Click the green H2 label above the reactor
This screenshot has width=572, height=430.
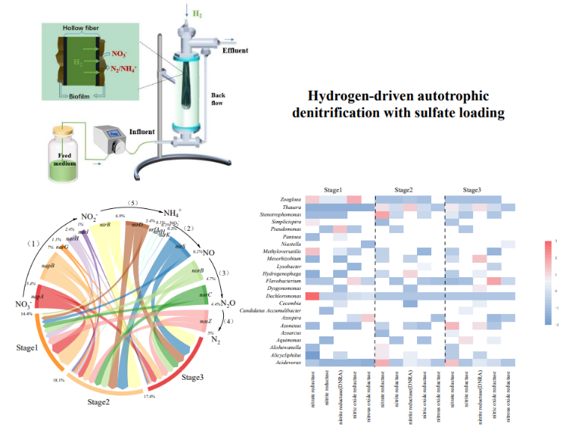[x=197, y=14]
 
